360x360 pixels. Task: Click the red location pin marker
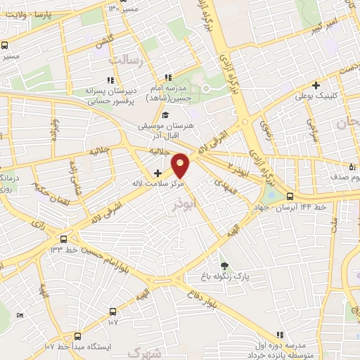pos(181,164)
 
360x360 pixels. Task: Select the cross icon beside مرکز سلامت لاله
pos(157,173)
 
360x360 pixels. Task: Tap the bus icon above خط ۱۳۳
pos(64,239)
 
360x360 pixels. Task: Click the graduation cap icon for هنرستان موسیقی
pos(165,115)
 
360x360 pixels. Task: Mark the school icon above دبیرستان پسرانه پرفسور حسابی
pos(110,79)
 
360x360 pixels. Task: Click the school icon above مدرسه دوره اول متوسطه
pos(280,335)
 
